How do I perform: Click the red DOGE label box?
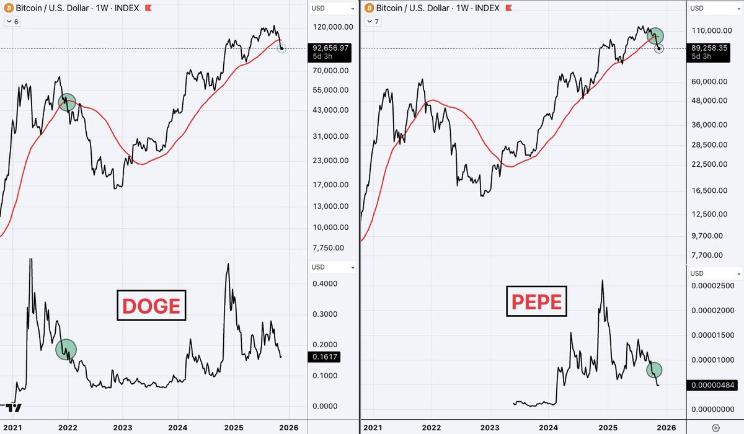(151, 305)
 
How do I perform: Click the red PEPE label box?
(537, 301)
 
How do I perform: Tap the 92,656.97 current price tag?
(332, 47)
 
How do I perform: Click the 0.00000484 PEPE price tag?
(713, 385)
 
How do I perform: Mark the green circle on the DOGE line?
(66, 349)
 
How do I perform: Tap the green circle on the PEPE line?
(654, 370)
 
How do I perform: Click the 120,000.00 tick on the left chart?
(333, 27)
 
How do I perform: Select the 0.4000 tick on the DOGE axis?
(324, 284)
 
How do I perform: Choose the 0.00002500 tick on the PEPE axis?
(715, 285)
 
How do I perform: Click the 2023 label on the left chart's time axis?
(122, 427)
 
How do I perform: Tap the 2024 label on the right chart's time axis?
(548, 427)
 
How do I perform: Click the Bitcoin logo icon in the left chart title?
(9, 8)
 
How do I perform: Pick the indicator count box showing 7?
(374, 22)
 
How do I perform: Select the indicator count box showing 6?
(13, 22)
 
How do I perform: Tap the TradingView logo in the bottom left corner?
(14, 407)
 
